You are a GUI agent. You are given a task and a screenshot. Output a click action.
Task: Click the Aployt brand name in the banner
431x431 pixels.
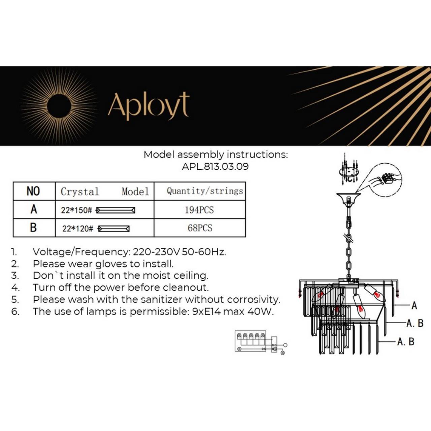tap(148, 105)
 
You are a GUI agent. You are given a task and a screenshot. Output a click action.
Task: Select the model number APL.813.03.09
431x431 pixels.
tap(215, 167)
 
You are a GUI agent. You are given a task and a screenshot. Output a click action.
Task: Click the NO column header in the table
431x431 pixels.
tap(33, 191)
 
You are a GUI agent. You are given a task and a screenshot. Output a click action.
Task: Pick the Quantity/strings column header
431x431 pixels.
tap(205, 191)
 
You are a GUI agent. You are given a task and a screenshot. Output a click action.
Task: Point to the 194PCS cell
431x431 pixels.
tap(199, 210)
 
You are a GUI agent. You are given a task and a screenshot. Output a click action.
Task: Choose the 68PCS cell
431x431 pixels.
tap(200, 228)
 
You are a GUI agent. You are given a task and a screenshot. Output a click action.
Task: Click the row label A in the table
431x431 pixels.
tap(34, 209)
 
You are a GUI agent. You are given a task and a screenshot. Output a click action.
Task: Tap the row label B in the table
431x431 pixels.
tap(33, 228)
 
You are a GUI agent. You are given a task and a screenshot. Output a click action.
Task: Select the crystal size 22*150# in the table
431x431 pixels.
tap(76, 210)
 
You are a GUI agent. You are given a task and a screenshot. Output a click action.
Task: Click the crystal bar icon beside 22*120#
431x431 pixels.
tap(114, 229)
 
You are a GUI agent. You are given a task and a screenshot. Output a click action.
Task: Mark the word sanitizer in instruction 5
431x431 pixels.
tap(162, 299)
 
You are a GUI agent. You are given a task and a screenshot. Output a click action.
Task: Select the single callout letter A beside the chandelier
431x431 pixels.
tap(414, 305)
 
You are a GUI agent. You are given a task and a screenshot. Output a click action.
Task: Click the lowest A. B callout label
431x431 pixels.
tap(405, 342)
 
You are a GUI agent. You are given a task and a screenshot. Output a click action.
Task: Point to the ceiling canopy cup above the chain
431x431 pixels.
tap(349, 199)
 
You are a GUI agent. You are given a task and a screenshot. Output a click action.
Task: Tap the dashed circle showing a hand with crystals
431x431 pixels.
tap(386, 179)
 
